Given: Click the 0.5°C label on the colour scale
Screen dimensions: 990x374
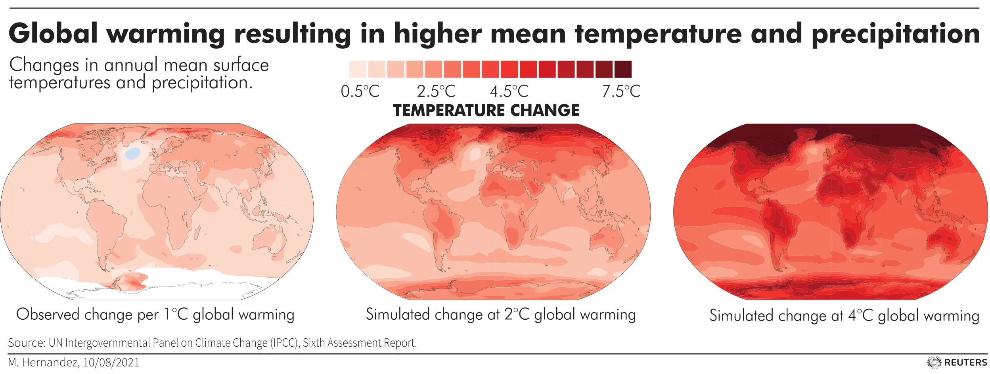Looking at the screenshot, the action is coord(360,92).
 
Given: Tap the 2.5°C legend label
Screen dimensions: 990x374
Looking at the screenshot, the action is coord(436,92).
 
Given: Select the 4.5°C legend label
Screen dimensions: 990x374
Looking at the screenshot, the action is coord(509,92).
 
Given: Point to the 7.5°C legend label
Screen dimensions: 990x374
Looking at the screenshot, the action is coord(621,92).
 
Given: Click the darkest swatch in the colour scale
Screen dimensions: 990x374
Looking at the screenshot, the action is coord(623,69).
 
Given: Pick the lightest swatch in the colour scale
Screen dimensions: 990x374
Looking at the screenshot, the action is coord(358,69).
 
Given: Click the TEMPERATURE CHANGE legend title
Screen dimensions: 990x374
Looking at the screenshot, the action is coord(486,110).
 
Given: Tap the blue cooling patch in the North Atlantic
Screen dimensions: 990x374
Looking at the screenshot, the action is coord(132,153).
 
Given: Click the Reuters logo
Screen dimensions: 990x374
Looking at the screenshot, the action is coord(957,362).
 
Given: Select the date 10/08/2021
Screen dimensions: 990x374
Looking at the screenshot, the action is coord(111,363).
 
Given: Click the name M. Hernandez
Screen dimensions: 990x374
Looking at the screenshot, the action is coord(44,363).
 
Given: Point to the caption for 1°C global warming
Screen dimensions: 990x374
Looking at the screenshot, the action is coord(155,315).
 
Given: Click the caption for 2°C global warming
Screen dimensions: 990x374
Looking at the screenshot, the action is coord(501,315).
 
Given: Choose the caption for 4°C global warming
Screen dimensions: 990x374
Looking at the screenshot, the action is coord(844,316).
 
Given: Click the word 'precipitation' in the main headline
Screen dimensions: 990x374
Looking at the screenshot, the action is coord(896,34).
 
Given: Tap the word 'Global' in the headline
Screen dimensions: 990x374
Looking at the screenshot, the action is coord(53,33).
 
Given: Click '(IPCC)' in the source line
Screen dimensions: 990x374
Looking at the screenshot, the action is coord(285,343).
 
